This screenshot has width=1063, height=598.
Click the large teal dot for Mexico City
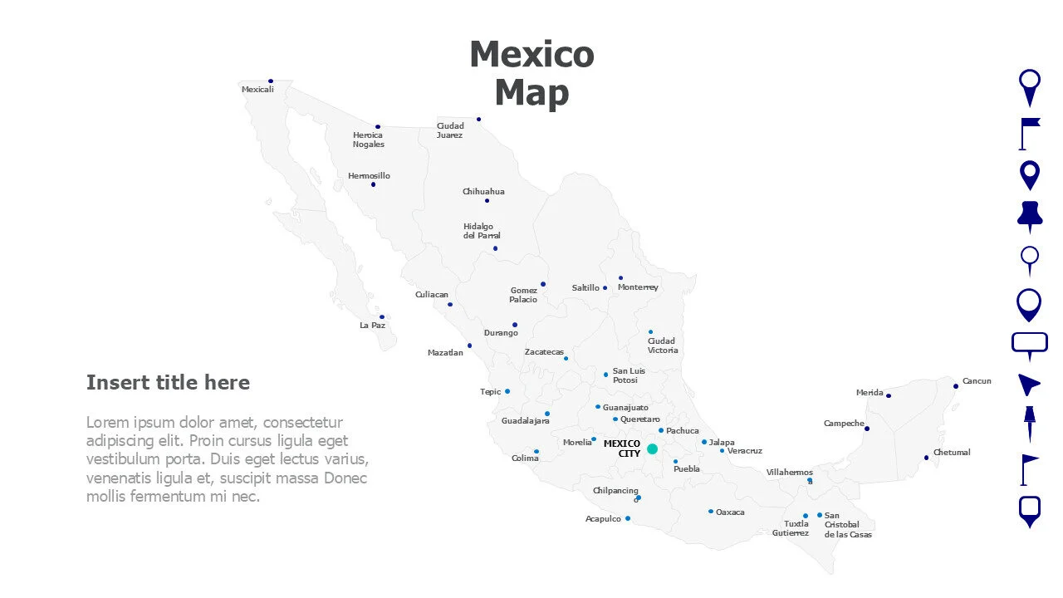[x=652, y=448]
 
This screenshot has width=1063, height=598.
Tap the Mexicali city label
[x=257, y=90]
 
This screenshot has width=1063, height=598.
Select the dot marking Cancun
[x=956, y=386]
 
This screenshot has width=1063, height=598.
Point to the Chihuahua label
[x=483, y=192]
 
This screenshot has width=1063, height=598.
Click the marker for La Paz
[x=382, y=316]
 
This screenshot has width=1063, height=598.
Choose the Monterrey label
[x=638, y=287]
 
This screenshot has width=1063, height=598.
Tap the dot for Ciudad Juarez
[x=478, y=119]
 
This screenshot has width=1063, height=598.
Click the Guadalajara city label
[x=525, y=421]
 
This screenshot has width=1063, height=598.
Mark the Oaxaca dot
[x=711, y=512]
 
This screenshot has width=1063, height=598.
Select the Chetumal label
[x=952, y=453]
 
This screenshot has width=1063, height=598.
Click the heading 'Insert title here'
[x=168, y=382]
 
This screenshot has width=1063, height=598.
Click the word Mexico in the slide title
[x=531, y=55]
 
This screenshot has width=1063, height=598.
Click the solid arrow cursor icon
[x=1028, y=384]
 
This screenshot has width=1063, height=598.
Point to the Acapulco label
[x=603, y=519]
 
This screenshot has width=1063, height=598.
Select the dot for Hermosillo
[x=373, y=184]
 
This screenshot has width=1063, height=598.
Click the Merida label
[x=870, y=393]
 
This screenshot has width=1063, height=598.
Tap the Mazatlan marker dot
[x=469, y=346]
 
